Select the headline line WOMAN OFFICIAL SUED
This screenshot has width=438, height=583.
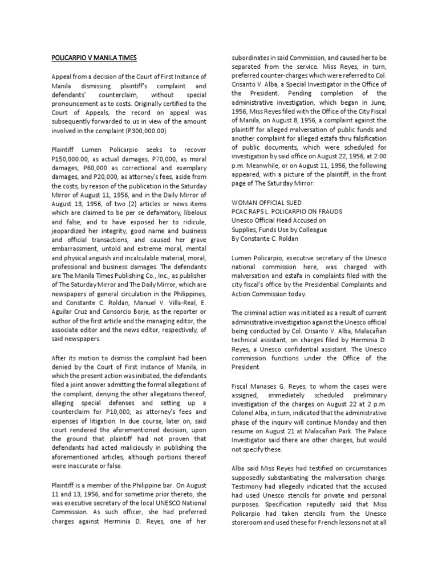click(x=266, y=203)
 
